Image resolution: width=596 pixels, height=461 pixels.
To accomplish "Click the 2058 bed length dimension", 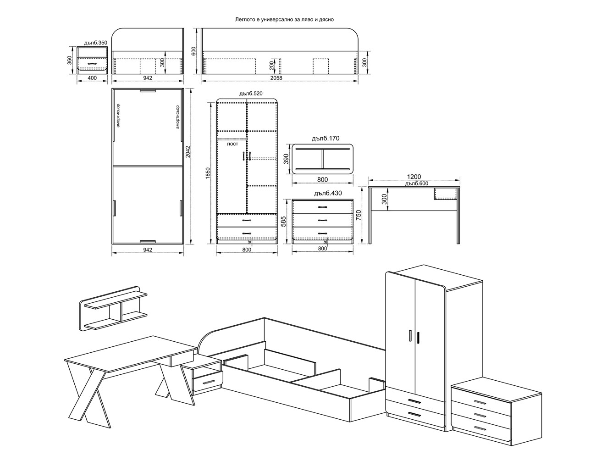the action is point(276,78).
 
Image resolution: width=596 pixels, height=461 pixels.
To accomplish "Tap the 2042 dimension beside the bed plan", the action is point(188,152).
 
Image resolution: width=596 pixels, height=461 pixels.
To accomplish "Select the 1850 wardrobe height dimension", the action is point(208,173).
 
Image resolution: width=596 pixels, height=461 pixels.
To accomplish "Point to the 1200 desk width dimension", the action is point(414,177).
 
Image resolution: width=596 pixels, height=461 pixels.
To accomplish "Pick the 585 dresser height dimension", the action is point(284,222).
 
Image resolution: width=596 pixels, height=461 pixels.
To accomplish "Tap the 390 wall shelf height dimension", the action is point(286,159).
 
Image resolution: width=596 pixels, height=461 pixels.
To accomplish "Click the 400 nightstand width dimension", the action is point(92,78).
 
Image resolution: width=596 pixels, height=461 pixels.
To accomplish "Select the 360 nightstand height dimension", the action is point(69,61).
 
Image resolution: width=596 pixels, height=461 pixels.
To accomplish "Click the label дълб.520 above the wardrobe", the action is point(251,94).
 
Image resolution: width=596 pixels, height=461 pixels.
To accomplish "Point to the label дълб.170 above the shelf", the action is point(326,139).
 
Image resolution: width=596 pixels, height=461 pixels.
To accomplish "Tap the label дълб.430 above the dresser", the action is point(328,193).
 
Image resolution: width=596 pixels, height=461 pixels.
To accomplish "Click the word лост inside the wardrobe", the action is point(232,144).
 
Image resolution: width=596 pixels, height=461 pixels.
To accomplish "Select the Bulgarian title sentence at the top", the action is point(284,19).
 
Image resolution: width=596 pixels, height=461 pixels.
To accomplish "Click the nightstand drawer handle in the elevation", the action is point(92,63).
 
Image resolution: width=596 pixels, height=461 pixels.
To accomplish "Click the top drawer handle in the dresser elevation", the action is point(323,207).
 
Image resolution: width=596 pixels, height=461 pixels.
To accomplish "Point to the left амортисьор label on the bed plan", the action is point(118,116).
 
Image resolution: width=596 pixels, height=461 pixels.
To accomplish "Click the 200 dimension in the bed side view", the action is point(271,65).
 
